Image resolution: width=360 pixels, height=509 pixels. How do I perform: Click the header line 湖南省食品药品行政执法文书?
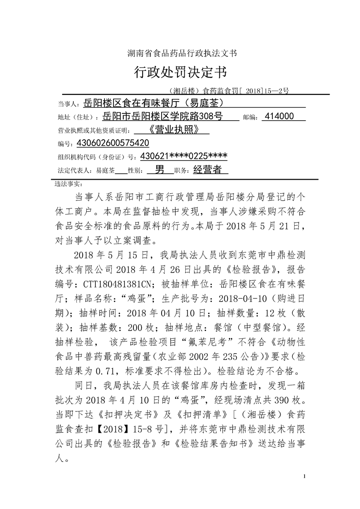[180, 53]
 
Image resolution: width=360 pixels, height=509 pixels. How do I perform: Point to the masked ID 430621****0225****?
[184, 156]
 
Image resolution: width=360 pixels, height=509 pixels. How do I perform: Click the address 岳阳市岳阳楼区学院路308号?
[162, 117]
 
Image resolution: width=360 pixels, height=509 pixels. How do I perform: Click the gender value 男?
[160, 170]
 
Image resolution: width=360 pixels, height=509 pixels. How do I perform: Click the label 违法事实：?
[68, 184]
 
